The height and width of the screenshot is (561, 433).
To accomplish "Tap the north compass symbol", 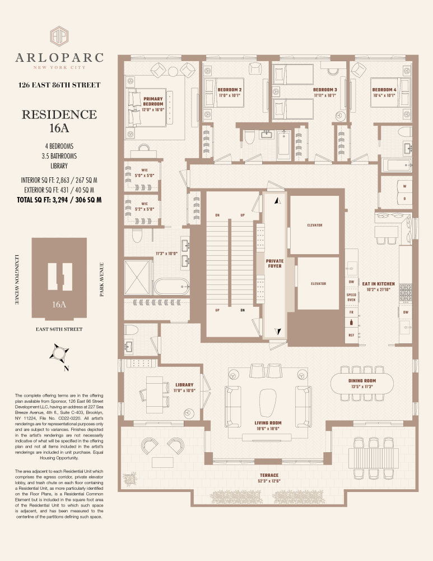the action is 59,354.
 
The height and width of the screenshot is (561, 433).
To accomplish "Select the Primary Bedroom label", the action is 153,102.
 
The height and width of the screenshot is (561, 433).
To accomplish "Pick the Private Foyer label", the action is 274,263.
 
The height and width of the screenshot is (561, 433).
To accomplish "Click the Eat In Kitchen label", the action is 379,284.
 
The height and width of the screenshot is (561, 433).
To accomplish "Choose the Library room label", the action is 184,385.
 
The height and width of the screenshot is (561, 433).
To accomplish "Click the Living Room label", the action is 268,423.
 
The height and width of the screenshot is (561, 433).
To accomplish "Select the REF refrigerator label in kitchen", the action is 351,335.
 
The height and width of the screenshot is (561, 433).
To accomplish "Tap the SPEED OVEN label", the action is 351,297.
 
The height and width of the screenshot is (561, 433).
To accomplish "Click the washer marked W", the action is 404,186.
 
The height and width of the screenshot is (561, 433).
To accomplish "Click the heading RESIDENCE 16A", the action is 59,121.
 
